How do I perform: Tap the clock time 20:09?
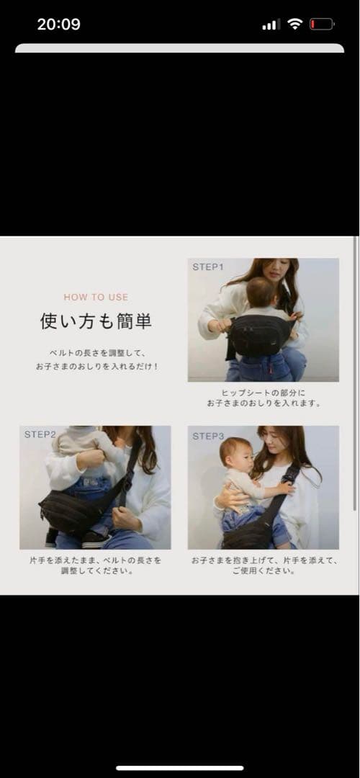58,24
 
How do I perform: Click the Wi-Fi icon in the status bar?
294,24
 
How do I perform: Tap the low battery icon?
321,24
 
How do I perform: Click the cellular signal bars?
271,24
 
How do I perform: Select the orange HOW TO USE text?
96,297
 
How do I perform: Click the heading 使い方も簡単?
96,321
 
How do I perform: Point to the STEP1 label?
208,267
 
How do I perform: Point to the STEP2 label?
40,434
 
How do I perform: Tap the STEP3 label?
208,436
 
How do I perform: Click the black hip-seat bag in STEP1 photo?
259,336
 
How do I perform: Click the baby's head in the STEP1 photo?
260,293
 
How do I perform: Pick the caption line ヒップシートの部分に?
263,393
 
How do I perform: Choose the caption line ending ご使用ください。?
263,571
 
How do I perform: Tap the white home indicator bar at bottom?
180,768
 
